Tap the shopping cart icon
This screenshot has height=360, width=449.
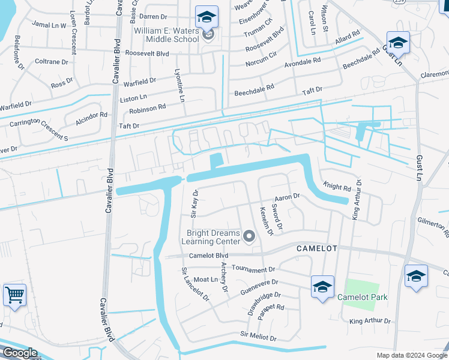coord(14,295)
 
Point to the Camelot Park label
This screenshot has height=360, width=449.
coord(362,297)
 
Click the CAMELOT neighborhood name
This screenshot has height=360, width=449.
coord(318,248)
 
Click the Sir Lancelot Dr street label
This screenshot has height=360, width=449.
coord(196,284)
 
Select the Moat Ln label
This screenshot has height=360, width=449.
coord(206,280)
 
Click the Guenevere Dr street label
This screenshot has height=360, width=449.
coord(259,283)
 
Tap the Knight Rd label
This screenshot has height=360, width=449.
coord(336,188)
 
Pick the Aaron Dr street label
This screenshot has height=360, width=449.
coord(286,197)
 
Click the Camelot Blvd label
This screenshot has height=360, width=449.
coord(209,256)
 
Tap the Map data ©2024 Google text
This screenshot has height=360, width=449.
coord(411,355)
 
